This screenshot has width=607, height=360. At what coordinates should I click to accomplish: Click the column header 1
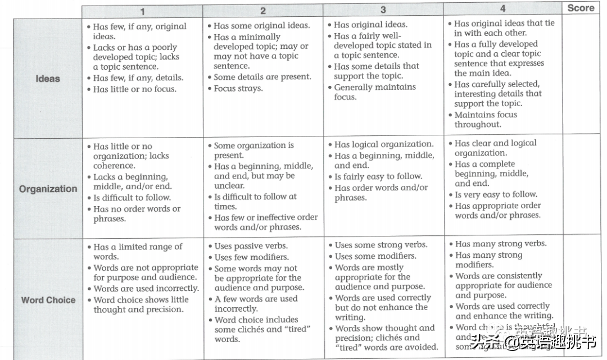(142, 11)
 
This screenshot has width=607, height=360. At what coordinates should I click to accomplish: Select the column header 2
(262, 11)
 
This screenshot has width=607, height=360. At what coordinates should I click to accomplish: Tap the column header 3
(383, 10)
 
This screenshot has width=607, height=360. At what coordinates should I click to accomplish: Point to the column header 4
(502, 8)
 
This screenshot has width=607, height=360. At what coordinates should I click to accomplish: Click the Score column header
(581, 8)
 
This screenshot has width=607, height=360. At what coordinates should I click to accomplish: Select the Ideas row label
(48, 79)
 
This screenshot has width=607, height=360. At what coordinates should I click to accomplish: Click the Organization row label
(48, 189)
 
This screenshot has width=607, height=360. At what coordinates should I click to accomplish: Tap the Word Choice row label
(48, 300)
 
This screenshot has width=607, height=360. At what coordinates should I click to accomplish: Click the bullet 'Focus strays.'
(238, 88)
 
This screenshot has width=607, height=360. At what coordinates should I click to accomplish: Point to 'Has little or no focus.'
(134, 89)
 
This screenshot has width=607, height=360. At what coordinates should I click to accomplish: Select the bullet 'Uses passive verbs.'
(251, 246)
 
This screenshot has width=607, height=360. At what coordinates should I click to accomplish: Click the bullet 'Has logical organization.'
(384, 144)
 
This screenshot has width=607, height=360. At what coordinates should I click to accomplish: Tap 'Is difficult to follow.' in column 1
(132, 198)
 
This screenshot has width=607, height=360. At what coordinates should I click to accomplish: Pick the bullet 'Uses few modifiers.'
(251, 257)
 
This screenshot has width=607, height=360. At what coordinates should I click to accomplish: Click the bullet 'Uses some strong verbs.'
(380, 245)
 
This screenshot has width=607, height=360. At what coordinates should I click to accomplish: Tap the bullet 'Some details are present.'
(262, 77)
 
